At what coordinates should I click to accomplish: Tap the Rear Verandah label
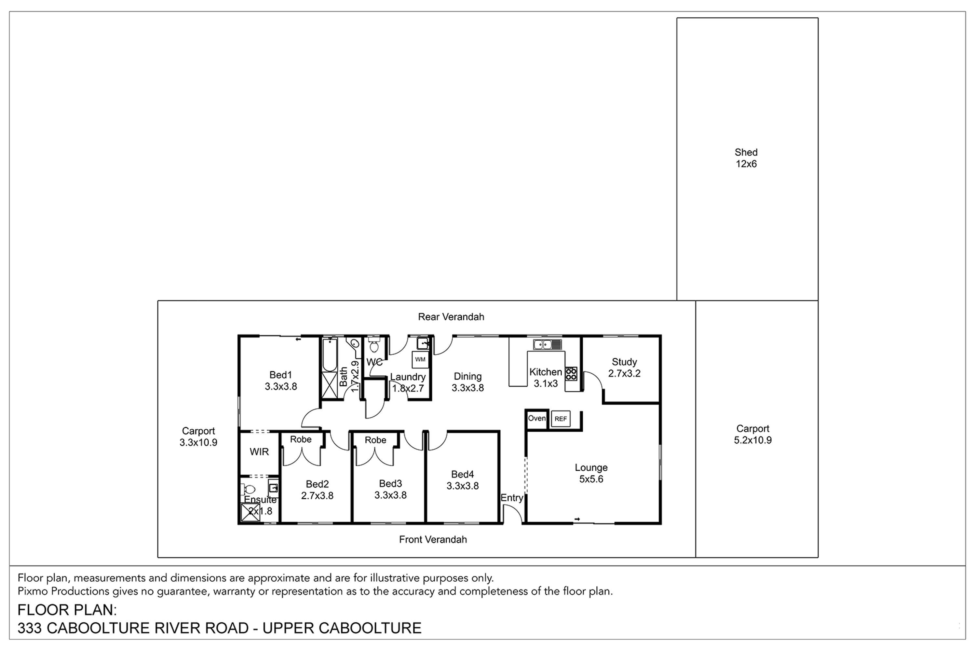[x=451, y=317]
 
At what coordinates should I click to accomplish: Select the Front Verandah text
[x=433, y=539]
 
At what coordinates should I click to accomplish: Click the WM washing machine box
[x=420, y=360]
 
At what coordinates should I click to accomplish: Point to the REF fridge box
[x=561, y=419]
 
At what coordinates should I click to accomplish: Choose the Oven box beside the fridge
[x=536, y=419]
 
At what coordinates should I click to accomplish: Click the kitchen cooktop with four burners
[x=571, y=374]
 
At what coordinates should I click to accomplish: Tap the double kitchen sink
[x=547, y=345]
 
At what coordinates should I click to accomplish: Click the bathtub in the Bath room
[x=330, y=355]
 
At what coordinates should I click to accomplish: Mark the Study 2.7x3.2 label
[x=624, y=367]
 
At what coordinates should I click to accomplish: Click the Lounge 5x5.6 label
[x=591, y=473]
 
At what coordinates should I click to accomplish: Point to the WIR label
[x=259, y=452]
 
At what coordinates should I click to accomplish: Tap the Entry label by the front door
[x=512, y=498]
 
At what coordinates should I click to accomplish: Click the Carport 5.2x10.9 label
[x=753, y=434]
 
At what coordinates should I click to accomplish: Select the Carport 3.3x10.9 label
[x=198, y=437]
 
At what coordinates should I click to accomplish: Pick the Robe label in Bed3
[x=375, y=440]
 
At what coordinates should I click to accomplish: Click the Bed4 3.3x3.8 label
[x=463, y=480]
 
